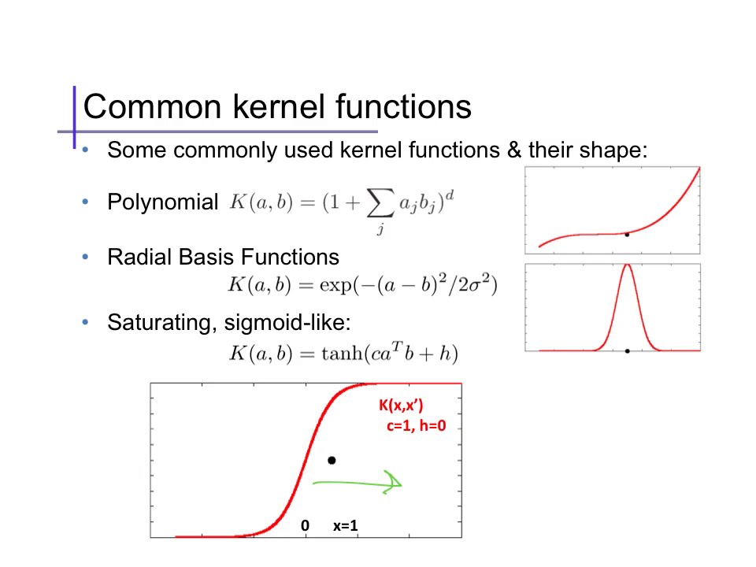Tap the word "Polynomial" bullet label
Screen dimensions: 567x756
coord(162,202)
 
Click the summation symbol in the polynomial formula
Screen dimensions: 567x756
coord(380,204)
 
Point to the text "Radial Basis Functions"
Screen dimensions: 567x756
coord(223,257)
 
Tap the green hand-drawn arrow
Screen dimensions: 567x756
coord(358,482)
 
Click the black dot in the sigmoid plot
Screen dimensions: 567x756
coord(332,460)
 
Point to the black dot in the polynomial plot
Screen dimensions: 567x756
coord(627,234)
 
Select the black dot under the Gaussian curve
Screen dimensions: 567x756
coord(627,350)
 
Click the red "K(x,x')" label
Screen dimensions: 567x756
coord(401,406)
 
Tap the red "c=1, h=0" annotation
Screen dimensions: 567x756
coord(417,426)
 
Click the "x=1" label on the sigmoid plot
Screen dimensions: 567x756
coord(345,525)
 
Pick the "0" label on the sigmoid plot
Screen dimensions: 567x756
coord(306,525)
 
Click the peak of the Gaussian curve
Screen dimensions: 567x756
coord(627,265)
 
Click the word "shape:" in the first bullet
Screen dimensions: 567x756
coord(617,150)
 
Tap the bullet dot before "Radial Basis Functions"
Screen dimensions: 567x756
coord(86,257)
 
